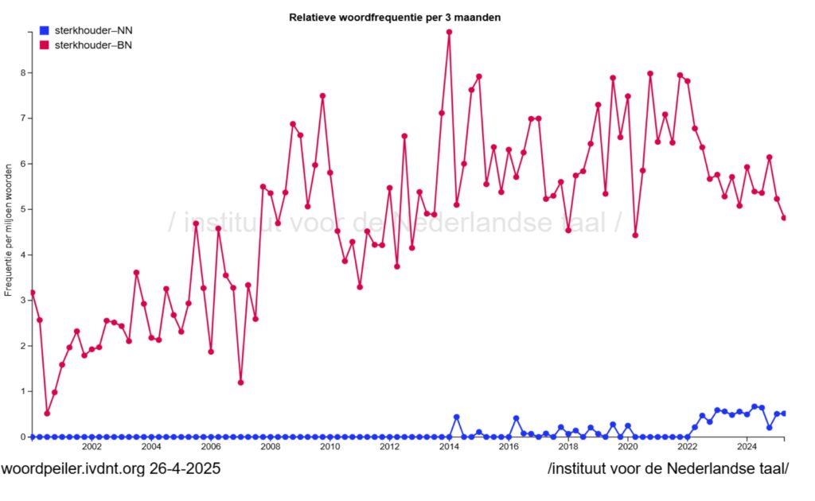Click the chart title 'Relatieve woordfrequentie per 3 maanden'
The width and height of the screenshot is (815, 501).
pos(395,17)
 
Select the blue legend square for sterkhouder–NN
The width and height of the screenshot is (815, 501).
pos(44,31)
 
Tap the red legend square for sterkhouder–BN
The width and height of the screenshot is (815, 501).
pos(44,45)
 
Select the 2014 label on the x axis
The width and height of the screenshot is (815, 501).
pos(449,448)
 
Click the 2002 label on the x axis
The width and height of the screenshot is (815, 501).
pos(92,448)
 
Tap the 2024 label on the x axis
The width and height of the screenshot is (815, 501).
pos(747,448)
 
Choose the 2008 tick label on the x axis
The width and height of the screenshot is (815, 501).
pos(270,448)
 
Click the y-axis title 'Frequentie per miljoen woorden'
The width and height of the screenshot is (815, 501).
pos(9,231)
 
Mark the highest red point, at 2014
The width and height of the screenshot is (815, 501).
pos(449,33)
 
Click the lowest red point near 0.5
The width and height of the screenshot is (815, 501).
pos(47,414)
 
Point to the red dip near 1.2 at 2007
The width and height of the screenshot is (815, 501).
pos(240,383)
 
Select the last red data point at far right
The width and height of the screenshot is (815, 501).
pos(784,218)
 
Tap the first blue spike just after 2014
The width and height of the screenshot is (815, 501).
pos(456,417)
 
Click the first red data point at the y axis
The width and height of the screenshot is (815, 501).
pos(32,293)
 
